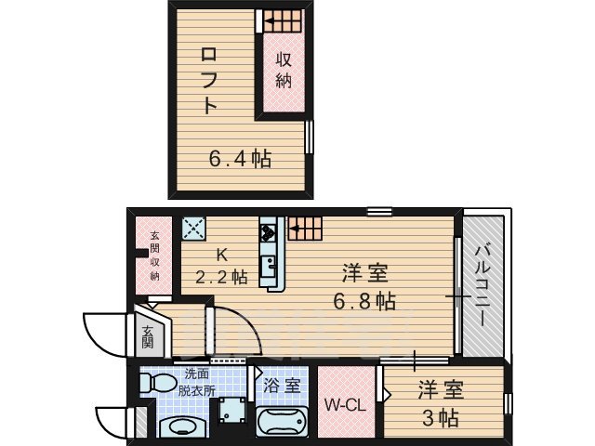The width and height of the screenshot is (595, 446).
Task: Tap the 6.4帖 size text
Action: tap(239, 159)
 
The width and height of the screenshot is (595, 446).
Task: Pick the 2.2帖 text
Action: tap(221, 276)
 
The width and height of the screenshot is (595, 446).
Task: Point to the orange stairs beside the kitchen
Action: tap(303, 227)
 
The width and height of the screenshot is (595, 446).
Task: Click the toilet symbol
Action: tap(160, 382)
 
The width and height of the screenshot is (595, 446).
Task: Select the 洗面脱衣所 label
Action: tap(199, 382)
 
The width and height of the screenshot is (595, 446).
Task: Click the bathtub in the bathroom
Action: tap(282, 424)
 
